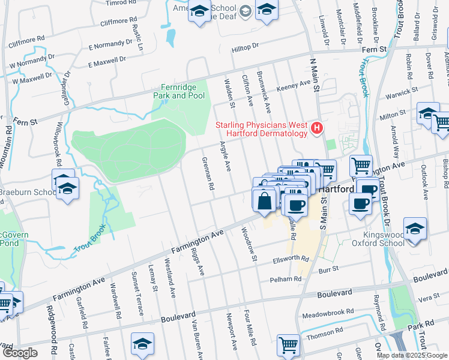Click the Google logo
[20, 353]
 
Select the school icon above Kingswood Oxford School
[415, 230]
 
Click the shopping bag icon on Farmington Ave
[264, 202]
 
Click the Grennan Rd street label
[208, 174]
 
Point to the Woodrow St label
[249, 245]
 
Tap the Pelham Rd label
[286, 279]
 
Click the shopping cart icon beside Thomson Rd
[289, 346]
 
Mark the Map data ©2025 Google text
[412, 355]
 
